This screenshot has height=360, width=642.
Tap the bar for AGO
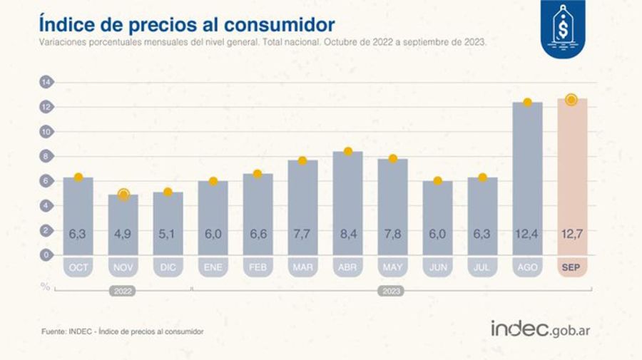pyautogui.click(x=526, y=178)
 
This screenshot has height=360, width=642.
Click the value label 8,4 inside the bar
pyautogui.click(x=348, y=232)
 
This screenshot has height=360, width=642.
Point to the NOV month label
pyautogui.click(x=123, y=267)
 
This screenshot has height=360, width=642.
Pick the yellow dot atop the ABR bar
pyautogui.click(x=348, y=151)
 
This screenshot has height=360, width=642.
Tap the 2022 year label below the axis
pyautogui.click(x=123, y=291)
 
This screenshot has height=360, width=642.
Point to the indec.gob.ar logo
pyautogui.click(x=540, y=329)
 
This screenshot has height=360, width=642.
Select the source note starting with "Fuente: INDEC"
pyautogui.click(x=122, y=331)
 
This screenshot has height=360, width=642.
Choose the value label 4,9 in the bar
pyautogui.click(x=123, y=232)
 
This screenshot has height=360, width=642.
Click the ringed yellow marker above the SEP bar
pyautogui.click(x=571, y=100)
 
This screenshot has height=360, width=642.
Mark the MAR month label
pyautogui.click(x=303, y=267)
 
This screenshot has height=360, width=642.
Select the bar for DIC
pyautogui.click(x=168, y=223)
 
